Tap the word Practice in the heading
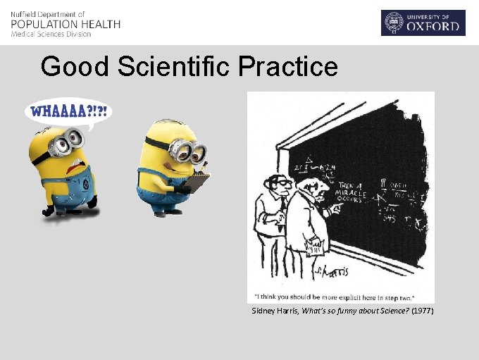coord(288,67)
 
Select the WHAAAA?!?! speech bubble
coord(69,112)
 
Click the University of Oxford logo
coord(423,23)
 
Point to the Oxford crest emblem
coord(393,23)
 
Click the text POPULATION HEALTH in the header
coord(66,24)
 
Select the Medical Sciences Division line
coord(51,34)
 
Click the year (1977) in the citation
coord(423,311)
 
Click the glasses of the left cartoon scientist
coord(280,183)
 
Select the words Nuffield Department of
coord(48,14)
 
